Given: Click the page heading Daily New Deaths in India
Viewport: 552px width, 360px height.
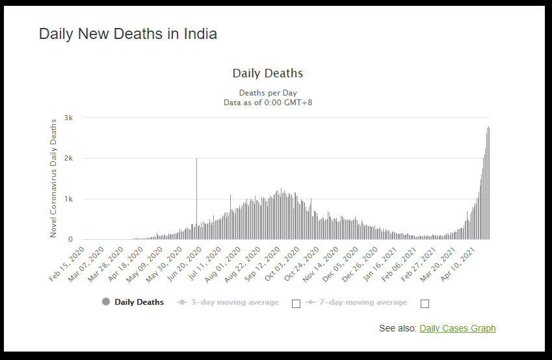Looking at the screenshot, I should coord(128,34).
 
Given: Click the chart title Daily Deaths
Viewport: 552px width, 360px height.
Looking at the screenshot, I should coord(267,73).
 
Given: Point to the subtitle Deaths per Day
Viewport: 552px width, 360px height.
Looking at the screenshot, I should coord(267,93).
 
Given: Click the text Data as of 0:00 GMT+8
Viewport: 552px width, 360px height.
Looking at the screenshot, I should coord(267,102).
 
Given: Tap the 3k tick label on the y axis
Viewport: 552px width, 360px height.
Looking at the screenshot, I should coord(68,117).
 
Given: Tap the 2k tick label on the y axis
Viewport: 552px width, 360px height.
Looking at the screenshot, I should coord(68,158).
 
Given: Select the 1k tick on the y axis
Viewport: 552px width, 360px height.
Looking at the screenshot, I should coord(68,199).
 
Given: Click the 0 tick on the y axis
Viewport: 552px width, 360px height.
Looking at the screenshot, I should coord(70,240).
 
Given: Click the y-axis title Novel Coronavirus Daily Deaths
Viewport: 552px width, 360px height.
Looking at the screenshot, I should coord(54,177).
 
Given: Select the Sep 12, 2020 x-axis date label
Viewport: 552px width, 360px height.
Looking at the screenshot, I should coord(263,264).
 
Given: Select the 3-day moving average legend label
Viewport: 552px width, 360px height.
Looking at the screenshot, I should coord(235,302).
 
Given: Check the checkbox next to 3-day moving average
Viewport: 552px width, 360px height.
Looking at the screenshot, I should coord(296,303).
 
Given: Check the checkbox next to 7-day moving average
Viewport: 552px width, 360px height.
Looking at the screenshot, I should coord(425,303).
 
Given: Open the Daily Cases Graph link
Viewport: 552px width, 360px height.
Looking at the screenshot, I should coord(457,328).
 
